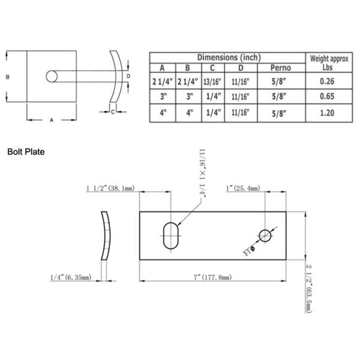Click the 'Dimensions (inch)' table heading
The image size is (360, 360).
(x=228, y=57)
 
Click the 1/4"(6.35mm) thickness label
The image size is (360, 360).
(x=71, y=277)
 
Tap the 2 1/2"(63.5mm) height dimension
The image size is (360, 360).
(x=308, y=287)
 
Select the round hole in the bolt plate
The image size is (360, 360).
(x=266, y=235)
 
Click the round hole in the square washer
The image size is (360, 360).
(x=52, y=77)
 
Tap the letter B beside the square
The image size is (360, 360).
(x=8, y=77)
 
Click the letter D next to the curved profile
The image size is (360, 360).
(x=128, y=76)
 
